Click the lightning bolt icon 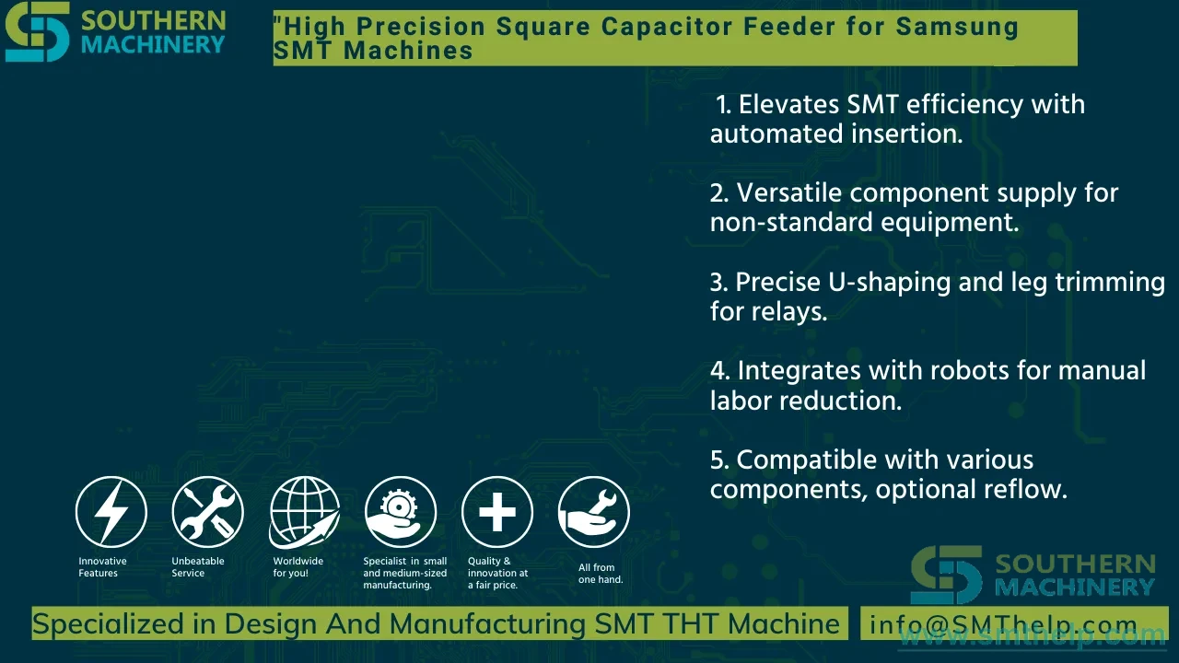click(111, 512)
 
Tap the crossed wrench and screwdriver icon click(207, 512)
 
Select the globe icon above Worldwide click(304, 512)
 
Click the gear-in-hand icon click(401, 512)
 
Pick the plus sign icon click(497, 512)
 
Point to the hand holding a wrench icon click(594, 512)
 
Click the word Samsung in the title click(957, 27)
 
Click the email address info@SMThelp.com click(1003, 624)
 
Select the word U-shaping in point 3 click(890, 282)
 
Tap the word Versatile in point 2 click(789, 192)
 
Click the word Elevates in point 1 click(789, 104)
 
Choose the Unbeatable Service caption click(198, 567)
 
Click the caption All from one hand click(601, 574)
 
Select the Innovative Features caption click(102, 567)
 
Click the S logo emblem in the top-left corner click(38, 31)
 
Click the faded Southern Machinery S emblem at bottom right click(946, 575)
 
